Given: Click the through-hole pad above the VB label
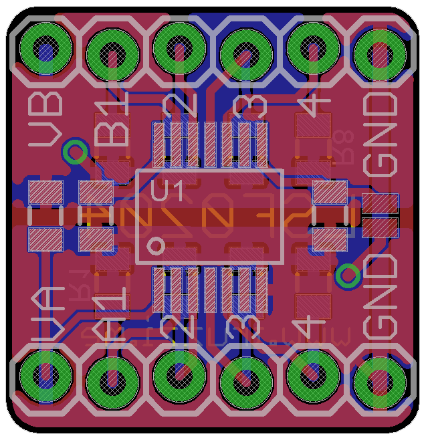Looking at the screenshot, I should (x=46, y=49).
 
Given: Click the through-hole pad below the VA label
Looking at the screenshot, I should (x=46, y=378).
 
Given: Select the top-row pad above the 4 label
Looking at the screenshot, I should (x=313, y=49).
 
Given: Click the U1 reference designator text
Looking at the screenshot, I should (x=167, y=192).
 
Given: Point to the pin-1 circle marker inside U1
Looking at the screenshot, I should (x=156, y=245).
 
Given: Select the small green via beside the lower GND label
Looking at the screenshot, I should (x=347, y=276).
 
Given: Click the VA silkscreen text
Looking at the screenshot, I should (x=46, y=311).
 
